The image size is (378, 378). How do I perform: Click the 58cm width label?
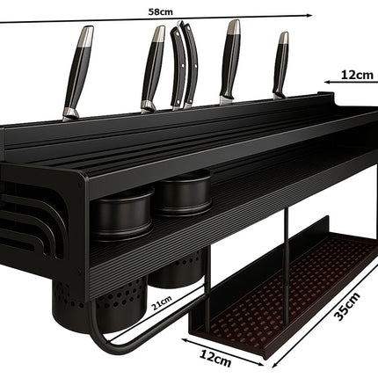tap(160, 12)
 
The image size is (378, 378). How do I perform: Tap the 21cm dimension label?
tap(162, 303)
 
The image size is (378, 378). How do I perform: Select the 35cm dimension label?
tap(347, 307)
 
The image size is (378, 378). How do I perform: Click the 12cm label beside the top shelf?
tap(357, 76)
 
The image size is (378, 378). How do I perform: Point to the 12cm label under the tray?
tap(215, 359)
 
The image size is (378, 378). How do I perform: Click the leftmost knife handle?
tap(78, 72)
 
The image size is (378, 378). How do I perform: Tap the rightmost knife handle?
tap(280, 64)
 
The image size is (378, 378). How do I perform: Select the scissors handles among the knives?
tap(185, 65)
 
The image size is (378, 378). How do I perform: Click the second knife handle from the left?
tap(153, 69)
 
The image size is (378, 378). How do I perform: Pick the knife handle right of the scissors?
tap(230, 62)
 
